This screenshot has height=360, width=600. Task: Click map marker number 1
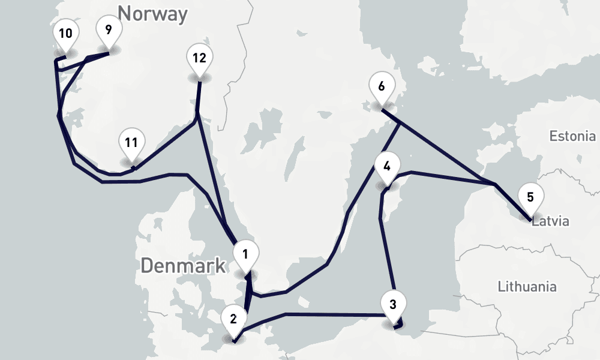click(x=245, y=254)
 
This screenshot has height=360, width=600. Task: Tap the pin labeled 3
click(x=393, y=304)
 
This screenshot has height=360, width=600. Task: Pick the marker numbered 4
click(x=387, y=167)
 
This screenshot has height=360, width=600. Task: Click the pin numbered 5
click(x=530, y=197)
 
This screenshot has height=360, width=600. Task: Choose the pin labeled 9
click(x=108, y=31)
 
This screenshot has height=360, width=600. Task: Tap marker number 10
click(x=65, y=34)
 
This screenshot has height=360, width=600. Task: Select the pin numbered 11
click(x=131, y=143)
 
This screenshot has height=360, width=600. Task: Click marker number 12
click(x=199, y=58)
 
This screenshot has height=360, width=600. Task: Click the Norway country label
click(x=152, y=13)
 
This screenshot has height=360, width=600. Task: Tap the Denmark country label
click(x=183, y=265)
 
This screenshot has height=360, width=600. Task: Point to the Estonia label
click(x=572, y=136)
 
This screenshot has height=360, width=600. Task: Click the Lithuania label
click(x=527, y=286)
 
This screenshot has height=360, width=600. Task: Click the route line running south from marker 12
click(x=198, y=96)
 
